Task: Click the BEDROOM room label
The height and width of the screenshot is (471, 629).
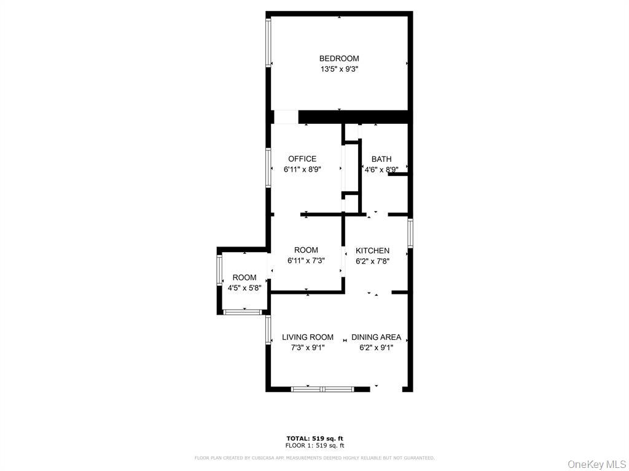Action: [x=339, y=59]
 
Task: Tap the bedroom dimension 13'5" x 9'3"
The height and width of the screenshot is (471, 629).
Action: [x=339, y=69]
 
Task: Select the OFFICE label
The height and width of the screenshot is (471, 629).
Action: [x=302, y=159]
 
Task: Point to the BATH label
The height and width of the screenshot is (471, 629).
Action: [x=381, y=159]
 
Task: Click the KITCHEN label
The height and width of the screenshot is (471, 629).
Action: [x=372, y=250]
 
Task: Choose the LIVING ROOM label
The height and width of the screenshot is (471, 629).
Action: [x=308, y=337]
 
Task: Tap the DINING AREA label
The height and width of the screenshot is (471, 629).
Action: [x=376, y=337]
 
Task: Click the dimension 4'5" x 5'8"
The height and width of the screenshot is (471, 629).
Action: [x=244, y=288]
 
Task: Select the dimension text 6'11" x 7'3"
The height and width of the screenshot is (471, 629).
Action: [x=306, y=261]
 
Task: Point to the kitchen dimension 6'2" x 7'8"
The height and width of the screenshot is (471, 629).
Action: [x=372, y=261]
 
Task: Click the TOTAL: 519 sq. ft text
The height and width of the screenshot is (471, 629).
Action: [x=314, y=438]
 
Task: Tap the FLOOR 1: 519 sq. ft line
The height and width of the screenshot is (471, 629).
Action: [x=314, y=445]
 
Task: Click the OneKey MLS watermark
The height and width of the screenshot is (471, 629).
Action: [x=596, y=464]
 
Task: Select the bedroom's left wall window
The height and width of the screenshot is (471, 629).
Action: [x=268, y=42]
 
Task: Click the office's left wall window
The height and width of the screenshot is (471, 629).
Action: [x=268, y=167]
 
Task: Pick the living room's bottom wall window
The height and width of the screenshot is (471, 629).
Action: [x=322, y=388]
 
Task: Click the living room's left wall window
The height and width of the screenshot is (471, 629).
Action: [x=268, y=330]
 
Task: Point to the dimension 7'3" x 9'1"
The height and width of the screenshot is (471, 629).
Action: [x=308, y=347]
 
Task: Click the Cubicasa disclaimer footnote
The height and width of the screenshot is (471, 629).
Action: [x=314, y=458]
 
